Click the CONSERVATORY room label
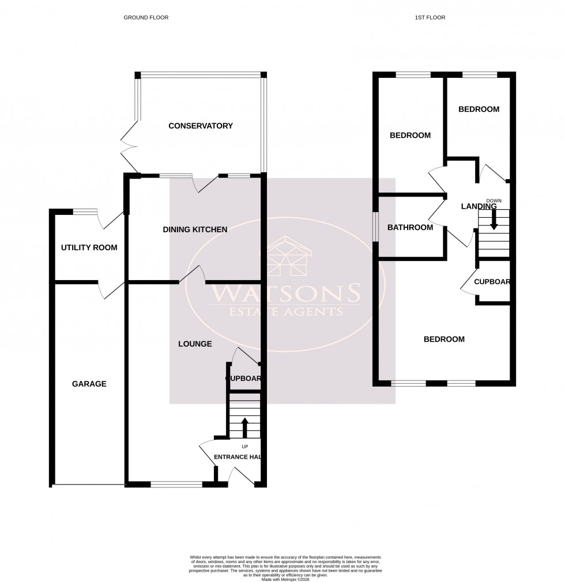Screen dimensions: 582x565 click(x=200, y=126)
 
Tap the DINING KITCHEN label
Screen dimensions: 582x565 click(x=195, y=229)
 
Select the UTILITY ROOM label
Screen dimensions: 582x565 click(x=89, y=248)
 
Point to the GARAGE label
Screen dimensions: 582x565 click(x=89, y=384)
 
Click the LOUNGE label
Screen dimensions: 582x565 click(x=195, y=344)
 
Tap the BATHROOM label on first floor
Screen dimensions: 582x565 click(x=410, y=228)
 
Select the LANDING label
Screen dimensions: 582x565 click(x=479, y=206)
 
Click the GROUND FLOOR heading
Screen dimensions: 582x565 click(x=146, y=18)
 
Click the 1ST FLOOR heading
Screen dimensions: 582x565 click(x=430, y=18)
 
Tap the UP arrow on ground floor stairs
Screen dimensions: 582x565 click(x=244, y=428)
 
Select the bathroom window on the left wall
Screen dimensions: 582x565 click(x=375, y=226)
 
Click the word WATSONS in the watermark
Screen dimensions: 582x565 click(x=285, y=293)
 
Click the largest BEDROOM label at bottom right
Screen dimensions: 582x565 click(x=444, y=339)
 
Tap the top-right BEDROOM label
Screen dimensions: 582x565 click(x=479, y=109)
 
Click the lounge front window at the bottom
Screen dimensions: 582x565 click(x=176, y=485)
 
